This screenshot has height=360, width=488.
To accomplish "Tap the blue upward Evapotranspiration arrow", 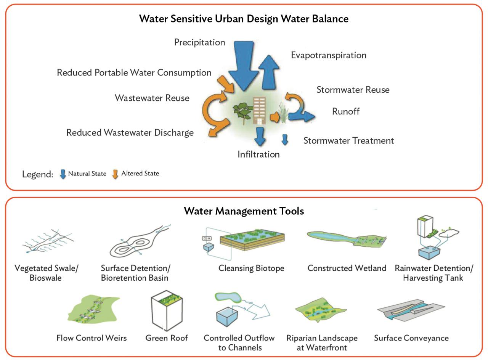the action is click(269, 72).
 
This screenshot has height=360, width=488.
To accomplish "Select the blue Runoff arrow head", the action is click(308, 116).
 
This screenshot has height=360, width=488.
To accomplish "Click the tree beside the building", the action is click(243, 112).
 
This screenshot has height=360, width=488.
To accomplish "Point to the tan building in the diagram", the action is click(259, 111).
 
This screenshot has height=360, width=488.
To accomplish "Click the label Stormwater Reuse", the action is click(353, 90).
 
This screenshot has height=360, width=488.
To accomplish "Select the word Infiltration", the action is click(258, 154).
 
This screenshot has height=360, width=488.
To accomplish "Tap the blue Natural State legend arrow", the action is click(63, 174).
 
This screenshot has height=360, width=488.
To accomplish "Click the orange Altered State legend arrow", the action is click(115, 174).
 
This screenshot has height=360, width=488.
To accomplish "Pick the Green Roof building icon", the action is click(167, 310).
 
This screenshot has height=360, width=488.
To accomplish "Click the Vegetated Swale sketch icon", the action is click(48, 241).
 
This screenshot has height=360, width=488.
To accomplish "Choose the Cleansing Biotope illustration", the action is click(243, 243).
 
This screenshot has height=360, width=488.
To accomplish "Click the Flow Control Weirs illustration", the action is click(94, 309).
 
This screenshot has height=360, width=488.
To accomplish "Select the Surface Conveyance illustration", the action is click(411, 309).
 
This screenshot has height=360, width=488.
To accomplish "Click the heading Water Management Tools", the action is click(244, 211).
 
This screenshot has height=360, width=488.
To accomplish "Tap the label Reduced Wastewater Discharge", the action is click(130, 132).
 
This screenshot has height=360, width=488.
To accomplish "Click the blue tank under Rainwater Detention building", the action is click(429, 253).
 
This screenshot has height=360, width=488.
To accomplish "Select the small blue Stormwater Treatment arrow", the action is click(285, 140).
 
